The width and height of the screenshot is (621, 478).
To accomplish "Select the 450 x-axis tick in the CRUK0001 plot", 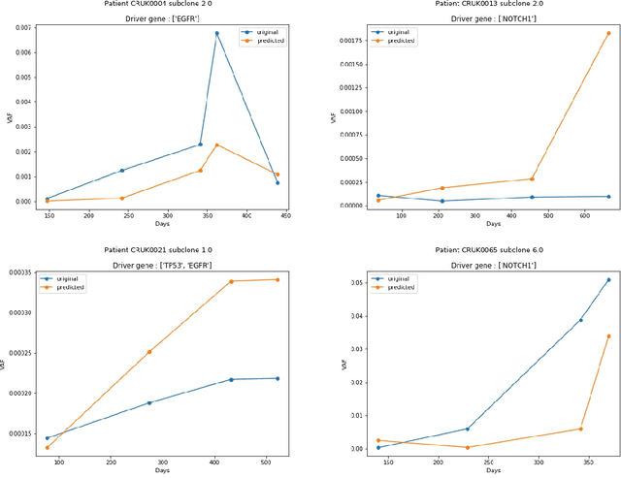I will (285, 216).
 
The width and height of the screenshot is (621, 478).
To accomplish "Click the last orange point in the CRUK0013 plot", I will (608, 33).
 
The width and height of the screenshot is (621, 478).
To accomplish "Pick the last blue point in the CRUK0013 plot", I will (608, 196).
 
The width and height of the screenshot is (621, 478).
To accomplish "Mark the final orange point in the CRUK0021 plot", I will (278, 279).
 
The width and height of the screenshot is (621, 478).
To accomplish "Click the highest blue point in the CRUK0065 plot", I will (608, 279).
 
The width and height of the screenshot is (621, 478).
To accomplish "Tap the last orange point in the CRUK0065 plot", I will (608, 335).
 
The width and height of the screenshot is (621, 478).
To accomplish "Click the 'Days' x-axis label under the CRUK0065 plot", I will (493, 471).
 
